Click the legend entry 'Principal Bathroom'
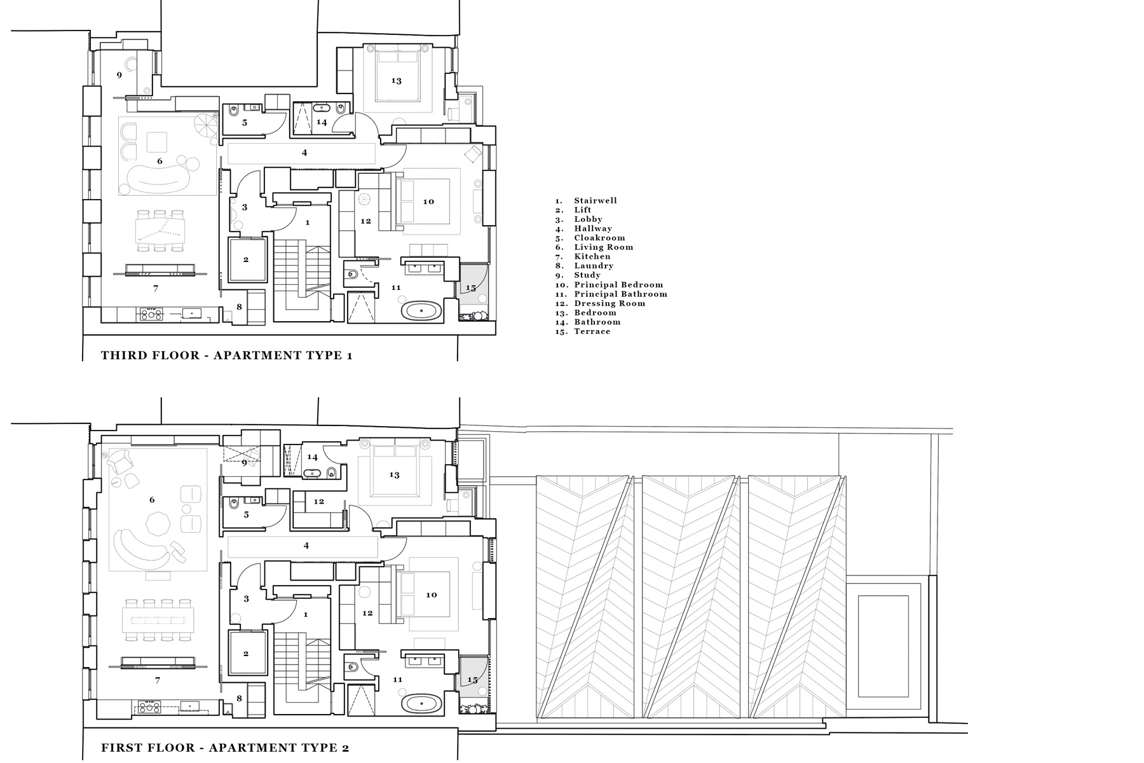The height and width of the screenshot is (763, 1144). pos(620,294)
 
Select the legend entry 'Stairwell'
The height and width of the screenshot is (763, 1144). pos(596,201)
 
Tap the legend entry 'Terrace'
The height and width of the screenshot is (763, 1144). pos(592,331)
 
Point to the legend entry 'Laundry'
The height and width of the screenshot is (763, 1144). pos(594,266)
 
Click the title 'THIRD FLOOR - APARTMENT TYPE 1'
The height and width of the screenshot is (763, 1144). pos(227,355)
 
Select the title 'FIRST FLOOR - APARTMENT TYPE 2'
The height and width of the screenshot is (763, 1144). pos(225,748)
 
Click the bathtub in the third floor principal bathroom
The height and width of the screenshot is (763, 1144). pos(422,312)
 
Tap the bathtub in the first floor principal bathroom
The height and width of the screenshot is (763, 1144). pos(422,704)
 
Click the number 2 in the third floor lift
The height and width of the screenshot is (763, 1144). pos(246,259)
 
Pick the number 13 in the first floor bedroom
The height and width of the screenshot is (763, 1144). pos(394,475)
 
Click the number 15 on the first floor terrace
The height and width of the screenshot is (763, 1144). pos(472,680)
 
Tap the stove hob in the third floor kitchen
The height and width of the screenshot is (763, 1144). pos(151,313)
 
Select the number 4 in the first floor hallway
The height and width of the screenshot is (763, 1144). pos(306,546)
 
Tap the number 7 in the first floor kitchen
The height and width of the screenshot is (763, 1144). pos(158,680)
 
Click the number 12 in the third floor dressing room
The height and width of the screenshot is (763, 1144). pos(365,221)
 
